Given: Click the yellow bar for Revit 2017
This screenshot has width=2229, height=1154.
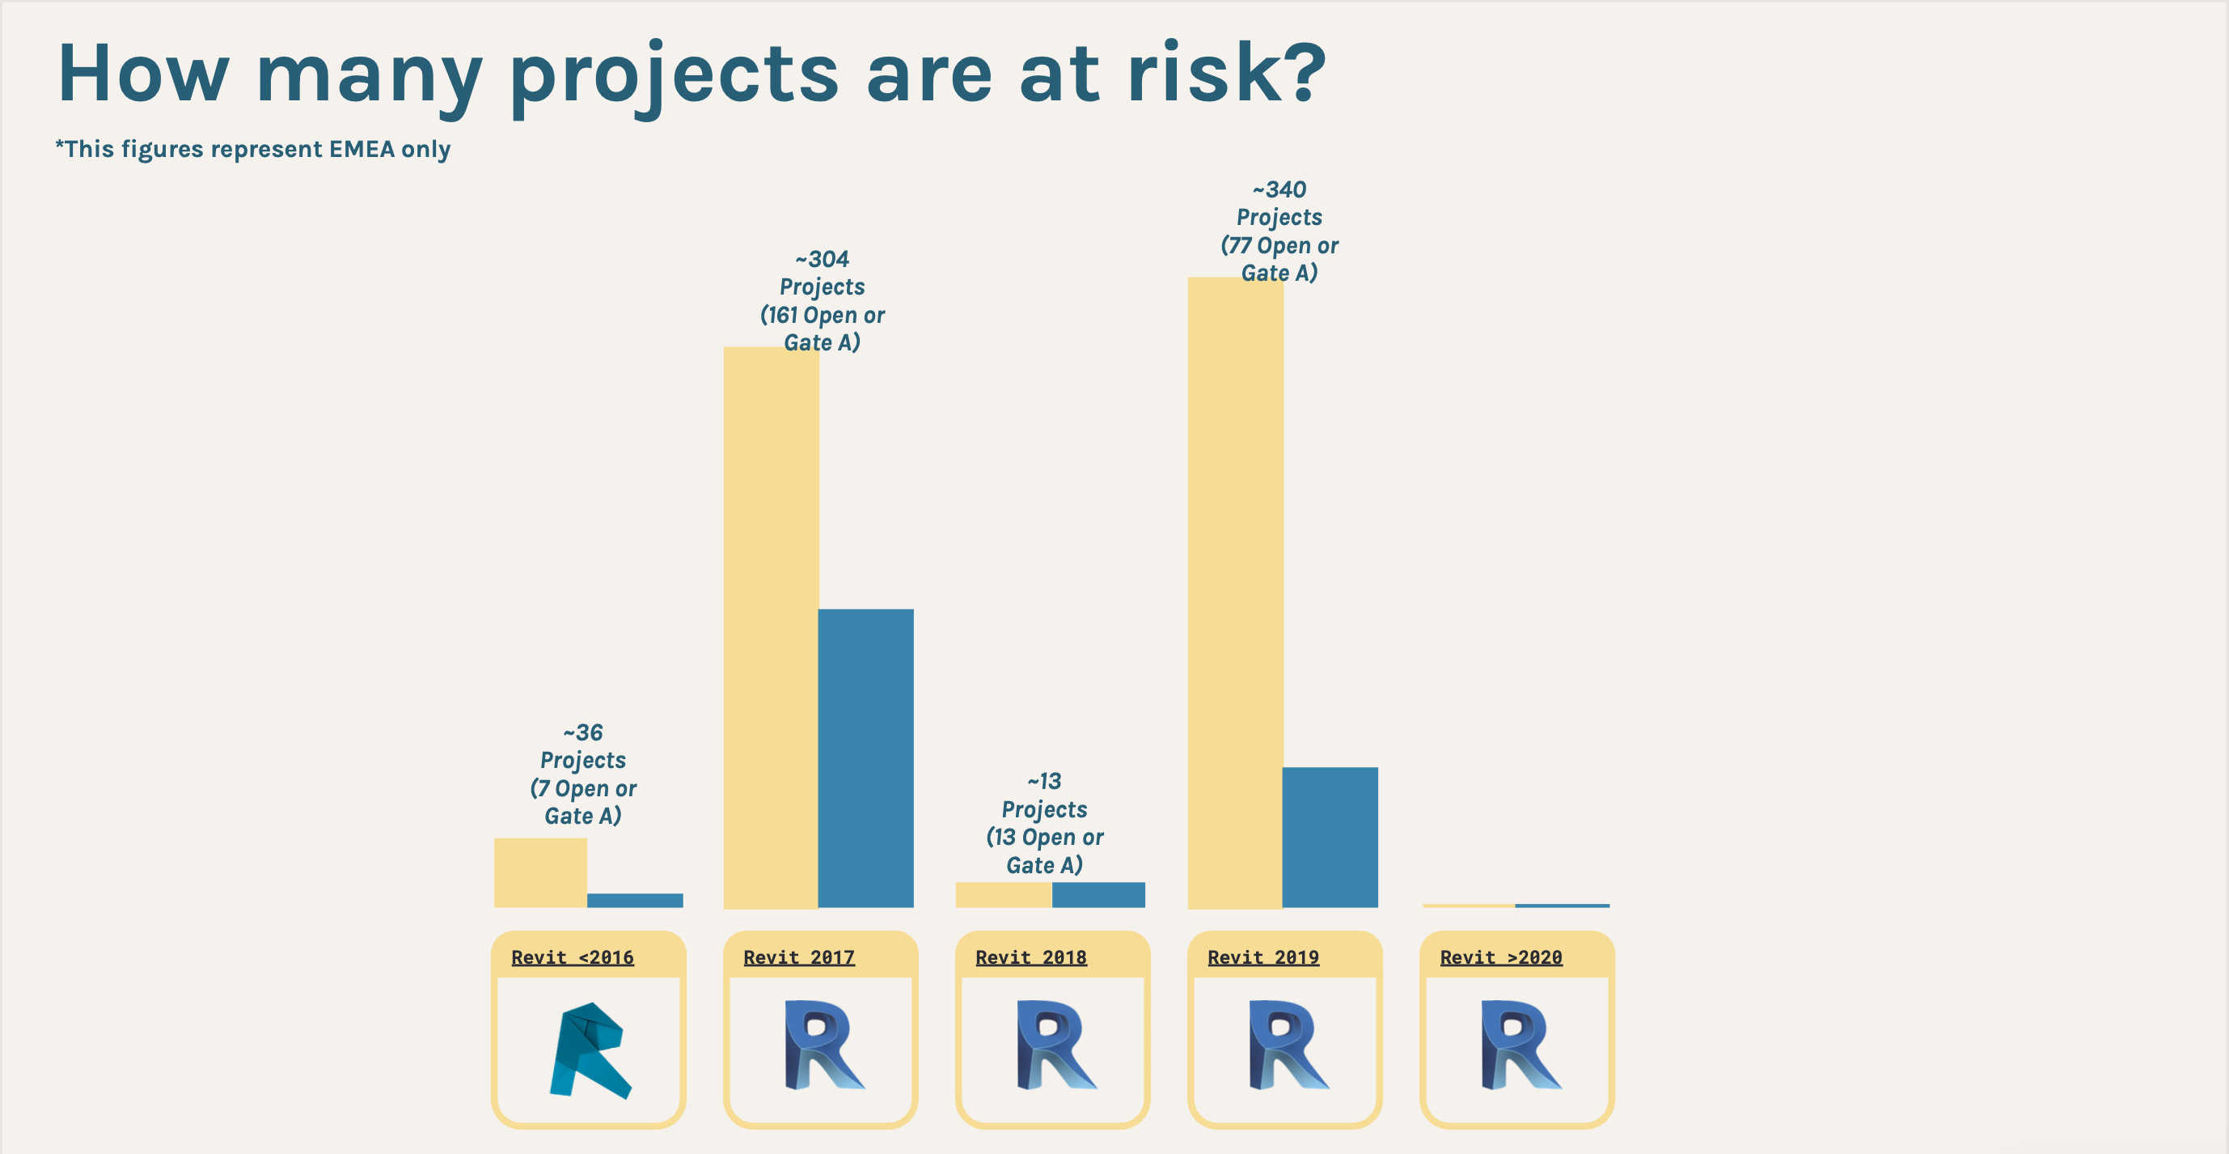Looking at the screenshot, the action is (771, 628).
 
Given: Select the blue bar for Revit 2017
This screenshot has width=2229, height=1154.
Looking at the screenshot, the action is (865, 758).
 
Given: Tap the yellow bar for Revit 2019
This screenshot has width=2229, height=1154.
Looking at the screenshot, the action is (1236, 593).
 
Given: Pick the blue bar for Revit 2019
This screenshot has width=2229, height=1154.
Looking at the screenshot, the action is (1330, 837).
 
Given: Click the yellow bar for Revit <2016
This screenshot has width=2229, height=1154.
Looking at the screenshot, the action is (541, 872).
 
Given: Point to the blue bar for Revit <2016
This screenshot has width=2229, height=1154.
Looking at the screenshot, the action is (635, 901).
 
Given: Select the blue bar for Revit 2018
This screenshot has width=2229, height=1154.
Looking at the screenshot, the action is (1098, 895).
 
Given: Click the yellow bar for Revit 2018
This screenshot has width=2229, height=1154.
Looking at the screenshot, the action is (1004, 895).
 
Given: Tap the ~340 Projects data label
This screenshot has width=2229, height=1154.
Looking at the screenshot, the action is (1279, 231).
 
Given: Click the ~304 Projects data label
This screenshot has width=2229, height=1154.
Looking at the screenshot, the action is (822, 300).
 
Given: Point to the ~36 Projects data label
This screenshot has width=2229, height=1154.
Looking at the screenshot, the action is (583, 774).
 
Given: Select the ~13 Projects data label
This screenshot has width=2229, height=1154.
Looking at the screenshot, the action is (1044, 823).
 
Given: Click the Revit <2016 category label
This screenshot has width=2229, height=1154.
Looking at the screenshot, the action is (573, 957).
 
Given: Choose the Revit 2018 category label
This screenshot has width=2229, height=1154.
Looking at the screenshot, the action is (1031, 957).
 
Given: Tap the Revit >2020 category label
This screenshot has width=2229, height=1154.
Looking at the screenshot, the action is (1501, 957).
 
